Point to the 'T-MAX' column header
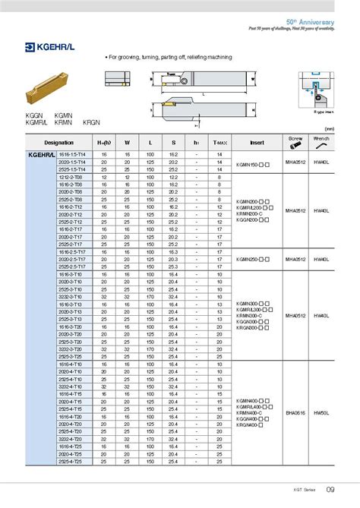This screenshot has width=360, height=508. coord(219,142)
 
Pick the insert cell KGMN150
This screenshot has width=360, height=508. coord(254,162)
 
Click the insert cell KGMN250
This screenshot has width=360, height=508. coord(254,259)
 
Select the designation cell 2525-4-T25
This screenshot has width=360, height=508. coord(71,461)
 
